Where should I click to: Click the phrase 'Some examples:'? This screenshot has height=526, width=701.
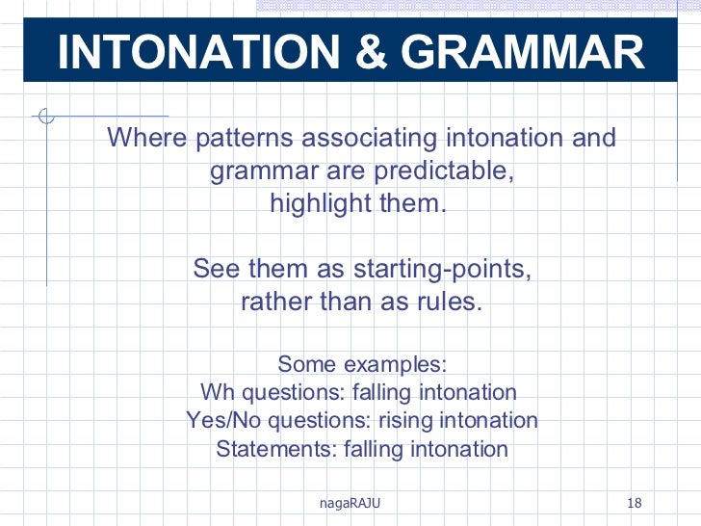(362, 364)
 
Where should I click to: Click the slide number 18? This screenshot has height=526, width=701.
(634, 503)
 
